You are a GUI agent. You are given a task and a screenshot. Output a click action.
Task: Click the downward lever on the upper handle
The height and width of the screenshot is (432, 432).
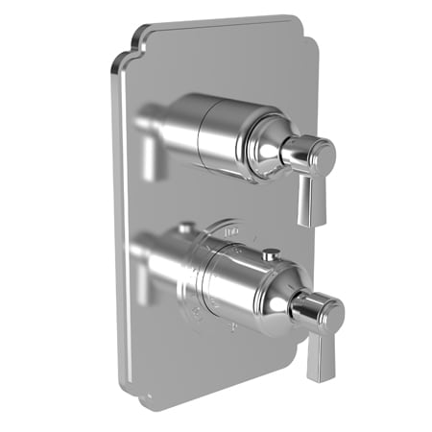click(307, 197)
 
